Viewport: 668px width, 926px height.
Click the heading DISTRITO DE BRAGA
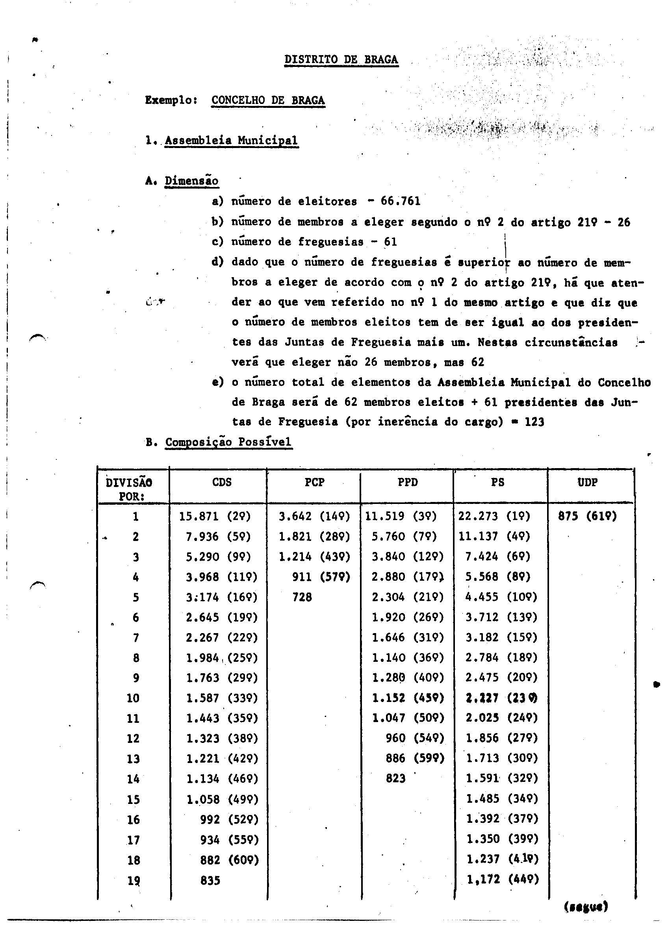[x=341, y=59]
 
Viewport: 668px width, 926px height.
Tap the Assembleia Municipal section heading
[x=231, y=141]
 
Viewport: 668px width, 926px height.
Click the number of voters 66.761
[x=401, y=201]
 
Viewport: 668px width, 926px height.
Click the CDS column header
[x=222, y=483]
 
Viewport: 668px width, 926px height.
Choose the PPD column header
[x=408, y=483]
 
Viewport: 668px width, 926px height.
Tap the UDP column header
[x=588, y=483]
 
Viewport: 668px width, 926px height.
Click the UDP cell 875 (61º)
[x=588, y=517]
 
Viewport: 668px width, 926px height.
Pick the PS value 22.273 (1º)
[x=494, y=517]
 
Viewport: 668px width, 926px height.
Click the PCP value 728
[x=302, y=597]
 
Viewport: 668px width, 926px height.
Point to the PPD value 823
[x=395, y=779]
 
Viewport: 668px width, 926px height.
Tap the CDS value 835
[x=210, y=880]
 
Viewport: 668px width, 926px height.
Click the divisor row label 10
[x=133, y=698]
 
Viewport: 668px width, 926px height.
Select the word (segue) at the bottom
[x=586, y=906]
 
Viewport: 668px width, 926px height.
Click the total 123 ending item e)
[x=534, y=422]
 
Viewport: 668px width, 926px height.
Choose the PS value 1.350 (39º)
[x=502, y=839]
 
